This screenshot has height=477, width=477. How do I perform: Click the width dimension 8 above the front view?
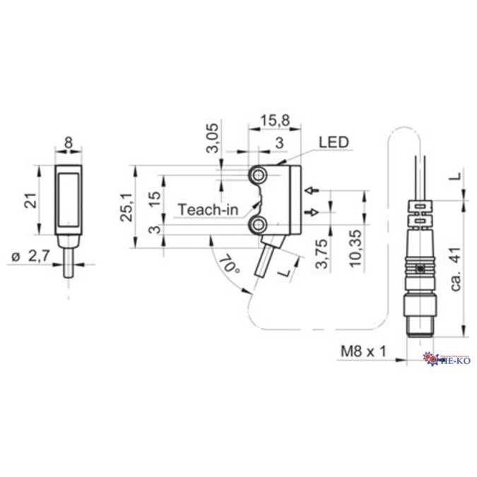tap(68, 142)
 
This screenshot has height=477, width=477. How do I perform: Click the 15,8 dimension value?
tap(274, 122)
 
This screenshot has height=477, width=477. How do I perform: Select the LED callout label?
tap(333, 142)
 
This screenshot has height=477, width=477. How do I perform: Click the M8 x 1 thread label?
tap(363, 351)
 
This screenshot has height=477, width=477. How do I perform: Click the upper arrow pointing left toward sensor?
tap(312, 190)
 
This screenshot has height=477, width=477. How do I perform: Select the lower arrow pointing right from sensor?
tap(312, 212)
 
